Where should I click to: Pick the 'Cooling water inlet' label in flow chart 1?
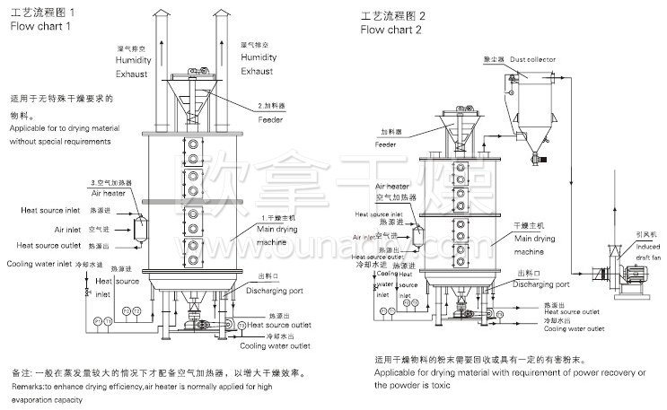point(39,264)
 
